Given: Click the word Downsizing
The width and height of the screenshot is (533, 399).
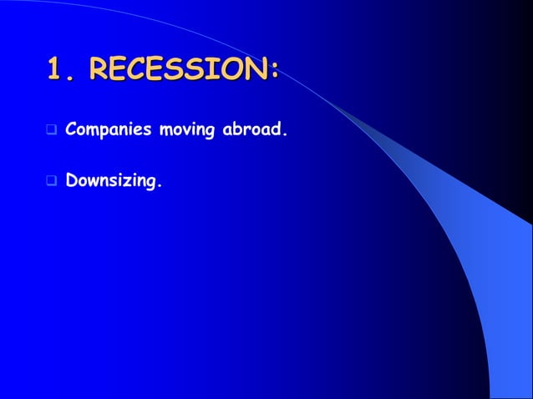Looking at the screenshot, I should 109,179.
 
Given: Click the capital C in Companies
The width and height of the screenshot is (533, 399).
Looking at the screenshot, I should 71,130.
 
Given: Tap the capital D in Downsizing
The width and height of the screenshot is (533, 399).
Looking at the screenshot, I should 71,178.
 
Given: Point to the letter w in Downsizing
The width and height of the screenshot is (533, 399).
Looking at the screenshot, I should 94,179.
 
